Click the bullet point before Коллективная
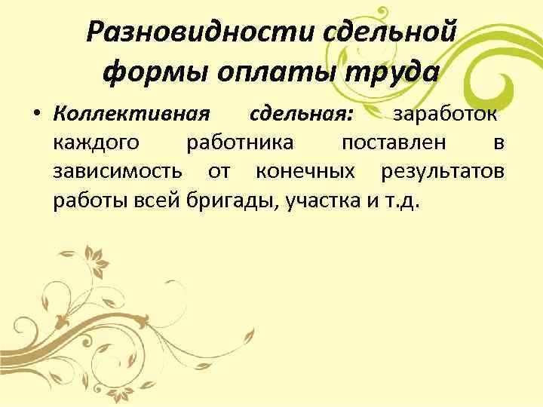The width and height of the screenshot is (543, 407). (36, 117)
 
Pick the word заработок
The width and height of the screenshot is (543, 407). (440, 115)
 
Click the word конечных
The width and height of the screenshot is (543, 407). (305, 173)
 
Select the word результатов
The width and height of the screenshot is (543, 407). (443, 173)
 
